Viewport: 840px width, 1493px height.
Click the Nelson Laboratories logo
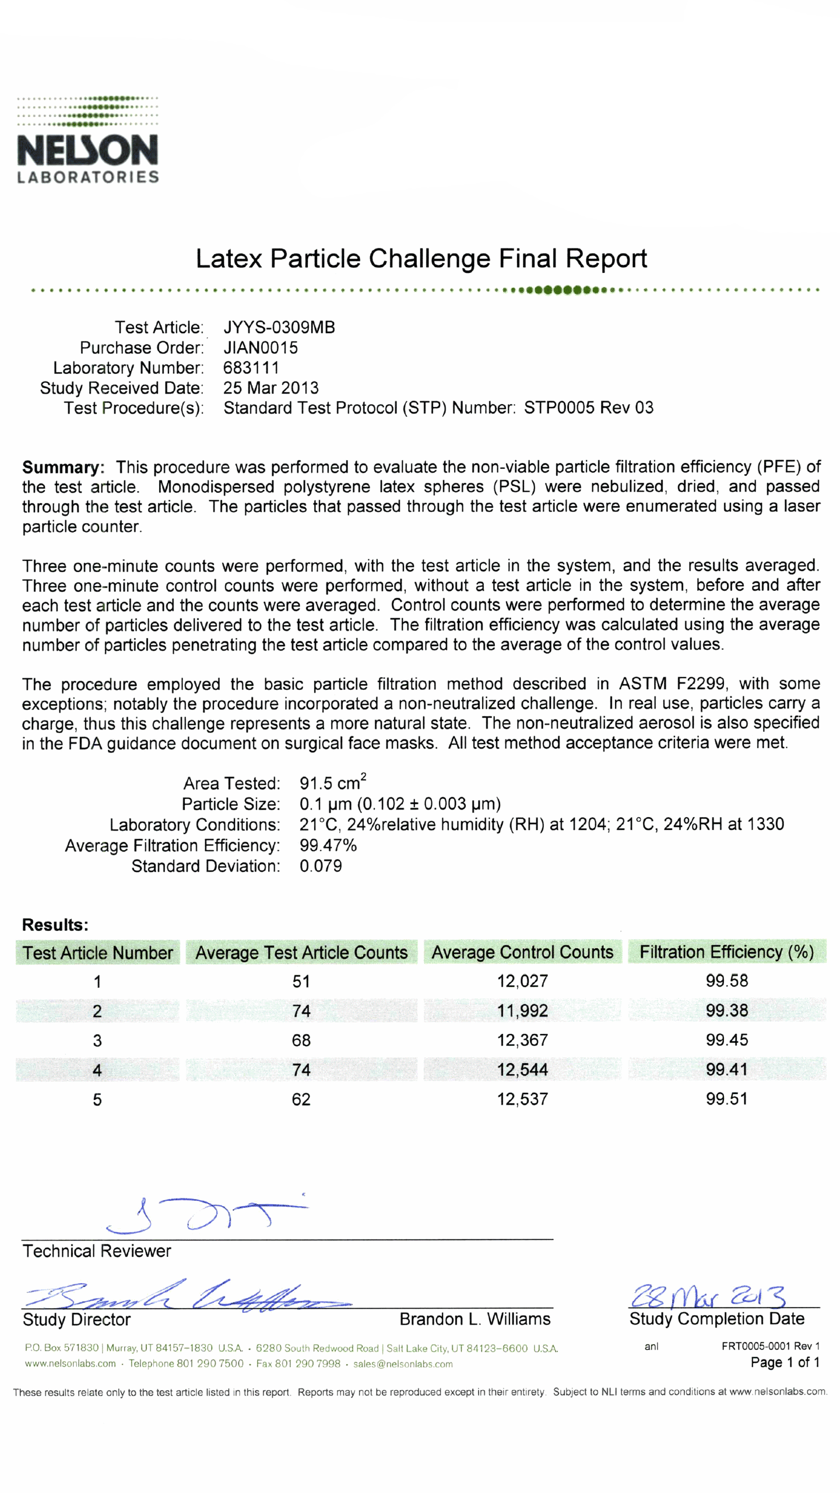[87, 140]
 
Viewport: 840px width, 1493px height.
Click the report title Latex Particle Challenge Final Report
[421, 258]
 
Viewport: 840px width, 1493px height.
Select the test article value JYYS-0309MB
[279, 327]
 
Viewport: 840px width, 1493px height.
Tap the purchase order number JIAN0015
[261, 348]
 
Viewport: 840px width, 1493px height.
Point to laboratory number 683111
[251, 368]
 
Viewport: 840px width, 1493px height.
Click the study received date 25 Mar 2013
[271, 388]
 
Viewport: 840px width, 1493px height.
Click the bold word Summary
[63, 467]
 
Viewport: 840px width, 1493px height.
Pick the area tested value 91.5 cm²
[332, 783]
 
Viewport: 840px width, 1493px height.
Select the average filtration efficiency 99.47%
[328, 845]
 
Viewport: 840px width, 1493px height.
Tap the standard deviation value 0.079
[321, 866]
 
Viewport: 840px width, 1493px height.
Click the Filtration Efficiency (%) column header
[726, 952]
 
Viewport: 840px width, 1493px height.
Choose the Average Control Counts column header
[522, 952]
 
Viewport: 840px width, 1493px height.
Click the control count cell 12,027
[522, 981]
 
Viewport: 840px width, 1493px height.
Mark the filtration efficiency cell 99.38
[726, 1010]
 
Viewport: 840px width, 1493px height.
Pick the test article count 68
[301, 1040]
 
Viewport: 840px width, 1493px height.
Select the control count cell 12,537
[522, 1099]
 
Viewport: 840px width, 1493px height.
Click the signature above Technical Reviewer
[204, 1214]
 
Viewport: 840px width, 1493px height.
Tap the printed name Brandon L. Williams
[475, 1319]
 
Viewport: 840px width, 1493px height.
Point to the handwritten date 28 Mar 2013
[708, 1296]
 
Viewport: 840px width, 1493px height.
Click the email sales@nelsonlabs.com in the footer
[403, 1364]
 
